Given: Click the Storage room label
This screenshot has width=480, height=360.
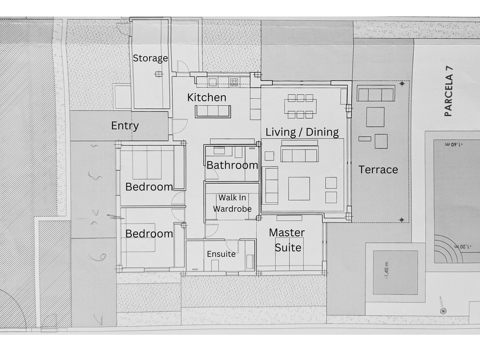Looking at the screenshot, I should (x=150, y=58).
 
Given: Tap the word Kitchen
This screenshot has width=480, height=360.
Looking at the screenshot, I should (x=207, y=97).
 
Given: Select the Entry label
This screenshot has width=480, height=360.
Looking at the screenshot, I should (x=125, y=126).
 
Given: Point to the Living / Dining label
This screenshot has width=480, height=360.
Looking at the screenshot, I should (x=302, y=132).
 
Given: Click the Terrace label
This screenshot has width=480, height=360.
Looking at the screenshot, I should (x=378, y=170).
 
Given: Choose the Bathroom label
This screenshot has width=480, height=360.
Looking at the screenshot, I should (x=232, y=165).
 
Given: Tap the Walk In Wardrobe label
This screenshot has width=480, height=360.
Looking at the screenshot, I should (x=232, y=203).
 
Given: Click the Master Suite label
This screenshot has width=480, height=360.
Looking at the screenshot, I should (x=287, y=240).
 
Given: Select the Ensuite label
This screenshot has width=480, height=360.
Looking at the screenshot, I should (x=221, y=254).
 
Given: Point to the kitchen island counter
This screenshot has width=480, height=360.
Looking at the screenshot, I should (x=213, y=111).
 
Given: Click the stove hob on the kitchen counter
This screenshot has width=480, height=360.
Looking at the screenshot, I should (x=234, y=82).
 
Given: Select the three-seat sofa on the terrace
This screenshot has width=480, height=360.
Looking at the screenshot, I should (x=376, y=95).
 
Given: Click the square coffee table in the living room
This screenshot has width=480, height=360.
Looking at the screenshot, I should (x=299, y=188).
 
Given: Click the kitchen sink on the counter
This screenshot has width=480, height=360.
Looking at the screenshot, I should (x=212, y=82).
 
